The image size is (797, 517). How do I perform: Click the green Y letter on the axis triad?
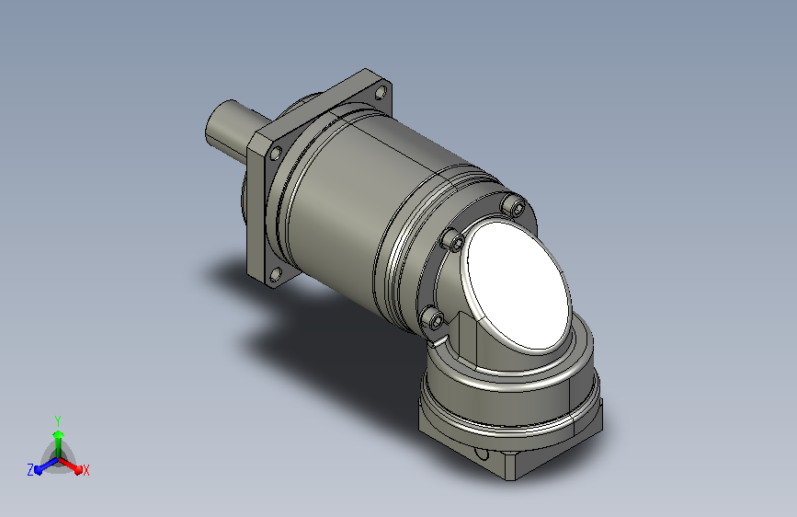[58, 420]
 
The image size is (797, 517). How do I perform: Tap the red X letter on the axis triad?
[85, 471]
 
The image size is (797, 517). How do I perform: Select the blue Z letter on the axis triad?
[30, 470]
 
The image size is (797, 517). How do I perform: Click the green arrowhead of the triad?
[59, 434]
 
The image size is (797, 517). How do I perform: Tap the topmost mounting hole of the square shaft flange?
[381, 93]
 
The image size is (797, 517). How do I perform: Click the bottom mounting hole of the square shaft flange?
[276, 274]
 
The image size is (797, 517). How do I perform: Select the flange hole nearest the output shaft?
[276, 153]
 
